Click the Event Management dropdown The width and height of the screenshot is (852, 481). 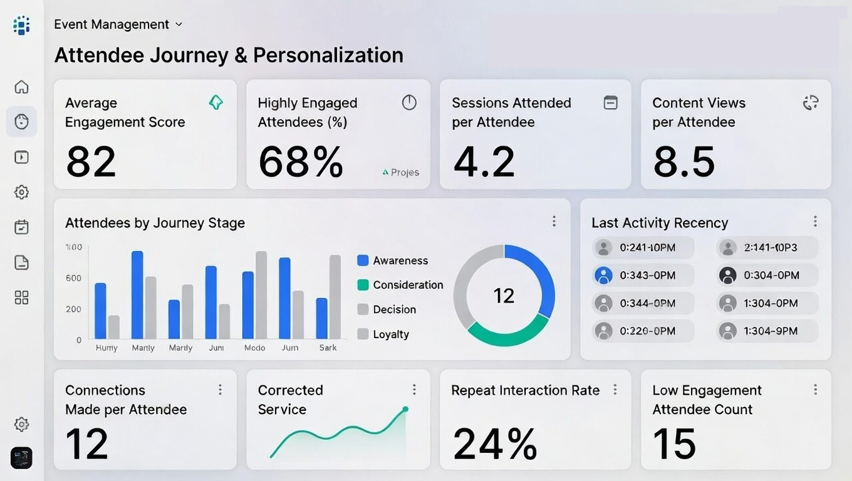pyautogui.click(x=118, y=24)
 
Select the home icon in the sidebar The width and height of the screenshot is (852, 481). pyautogui.click(x=21, y=86)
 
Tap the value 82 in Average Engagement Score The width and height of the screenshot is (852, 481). pyautogui.click(x=91, y=162)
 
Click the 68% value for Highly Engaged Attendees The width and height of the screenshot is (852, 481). pyautogui.click(x=301, y=162)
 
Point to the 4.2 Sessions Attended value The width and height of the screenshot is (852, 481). pyautogui.click(x=484, y=162)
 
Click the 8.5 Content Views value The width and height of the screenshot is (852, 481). pyautogui.click(x=683, y=162)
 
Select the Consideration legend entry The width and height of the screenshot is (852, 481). pyautogui.click(x=400, y=285)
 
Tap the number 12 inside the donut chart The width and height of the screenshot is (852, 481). pyautogui.click(x=504, y=296)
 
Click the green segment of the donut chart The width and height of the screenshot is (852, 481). pyautogui.click(x=507, y=334)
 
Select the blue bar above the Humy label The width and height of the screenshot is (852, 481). pyautogui.click(x=100, y=311)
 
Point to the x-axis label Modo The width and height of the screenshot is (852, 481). pyautogui.click(x=254, y=348)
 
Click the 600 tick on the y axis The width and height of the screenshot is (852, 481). pyautogui.click(x=73, y=278)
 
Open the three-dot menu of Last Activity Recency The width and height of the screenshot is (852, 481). pyautogui.click(x=815, y=221)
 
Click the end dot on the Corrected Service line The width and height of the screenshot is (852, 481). pyautogui.click(x=405, y=409)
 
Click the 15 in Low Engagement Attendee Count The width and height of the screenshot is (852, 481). pyautogui.click(x=674, y=443)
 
